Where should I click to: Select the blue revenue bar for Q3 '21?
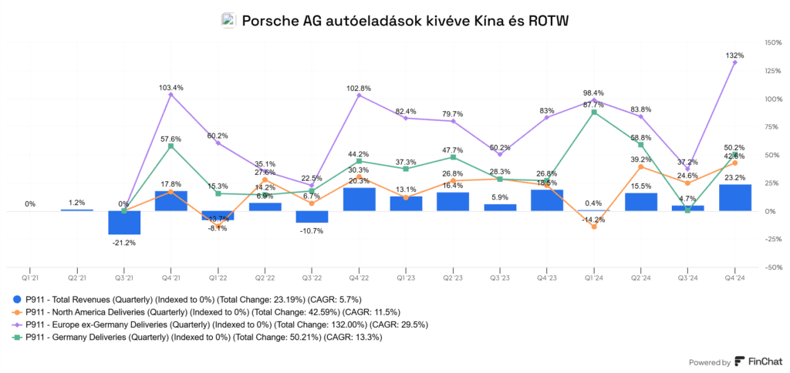(x=124, y=222)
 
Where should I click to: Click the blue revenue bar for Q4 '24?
(x=734, y=197)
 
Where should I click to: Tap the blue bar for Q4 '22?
(x=359, y=199)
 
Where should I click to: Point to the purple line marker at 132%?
(x=734, y=62)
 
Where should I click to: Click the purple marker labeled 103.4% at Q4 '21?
(x=171, y=95)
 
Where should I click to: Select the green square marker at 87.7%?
(x=593, y=113)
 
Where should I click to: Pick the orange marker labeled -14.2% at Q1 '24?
(x=593, y=227)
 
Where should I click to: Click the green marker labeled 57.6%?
(x=171, y=146)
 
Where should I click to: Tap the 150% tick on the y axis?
(x=771, y=42)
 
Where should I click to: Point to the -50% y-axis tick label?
(x=771, y=267)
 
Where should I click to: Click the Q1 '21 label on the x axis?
(x=30, y=276)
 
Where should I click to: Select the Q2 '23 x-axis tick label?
(x=453, y=276)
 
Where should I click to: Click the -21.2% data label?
(x=124, y=243)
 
